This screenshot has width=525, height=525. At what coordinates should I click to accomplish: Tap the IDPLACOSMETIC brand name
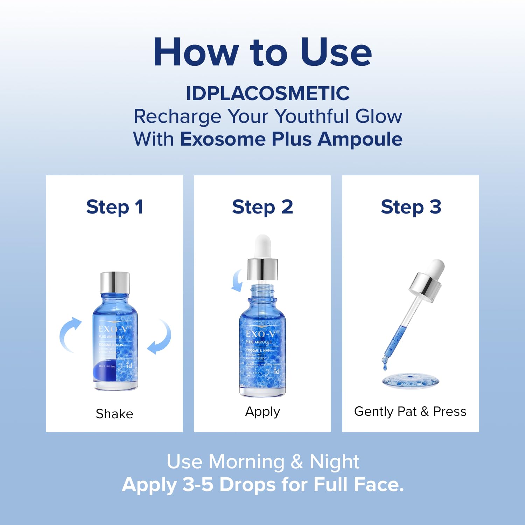pyautogui.click(x=268, y=93)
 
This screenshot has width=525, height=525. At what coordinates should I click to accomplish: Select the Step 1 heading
pyautogui.click(x=114, y=207)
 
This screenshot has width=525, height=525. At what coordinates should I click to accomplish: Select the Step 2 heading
pyautogui.click(x=262, y=207)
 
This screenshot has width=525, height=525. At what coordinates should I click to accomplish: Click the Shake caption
pyautogui.click(x=114, y=414)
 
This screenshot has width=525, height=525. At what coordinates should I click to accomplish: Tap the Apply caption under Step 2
pyautogui.click(x=262, y=412)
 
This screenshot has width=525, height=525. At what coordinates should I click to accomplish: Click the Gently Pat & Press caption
pyautogui.click(x=410, y=412)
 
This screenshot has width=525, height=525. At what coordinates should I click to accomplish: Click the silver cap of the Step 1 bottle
pyautogui.click(x=115, y=282)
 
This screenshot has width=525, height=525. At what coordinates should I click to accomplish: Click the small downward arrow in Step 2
pyautogui.click(x=237, y=280)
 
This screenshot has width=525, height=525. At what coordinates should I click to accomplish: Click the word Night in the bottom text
pyautogui.click(x=334, y=462)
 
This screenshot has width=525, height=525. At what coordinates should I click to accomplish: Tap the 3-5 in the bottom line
pyautogui.click(x=198, y=485)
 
